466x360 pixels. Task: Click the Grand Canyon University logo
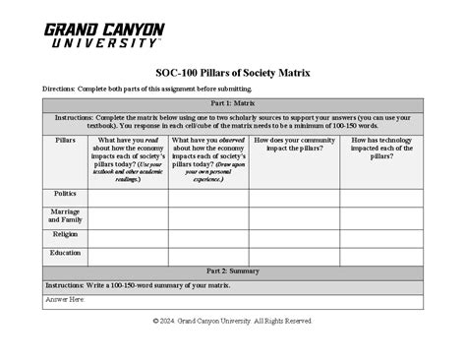click(103, 35)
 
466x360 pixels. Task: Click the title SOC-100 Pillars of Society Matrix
click(232, 72)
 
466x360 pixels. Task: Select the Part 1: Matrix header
click(232, 103)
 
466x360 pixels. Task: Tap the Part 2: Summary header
click(232, 270)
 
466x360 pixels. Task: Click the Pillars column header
click(65, 141)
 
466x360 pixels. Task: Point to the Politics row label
click(65, 195)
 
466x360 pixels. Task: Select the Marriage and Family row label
click(65, 215)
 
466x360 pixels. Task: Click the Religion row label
click(65, 235)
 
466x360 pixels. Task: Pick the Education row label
click(65, 253)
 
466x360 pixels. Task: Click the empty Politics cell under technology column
click(380, 197)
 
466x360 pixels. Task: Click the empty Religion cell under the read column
click(127, 236)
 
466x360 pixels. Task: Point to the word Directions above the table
click(63, 89)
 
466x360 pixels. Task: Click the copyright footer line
click(232, 322)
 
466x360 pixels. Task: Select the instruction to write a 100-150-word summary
click(137, 284)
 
